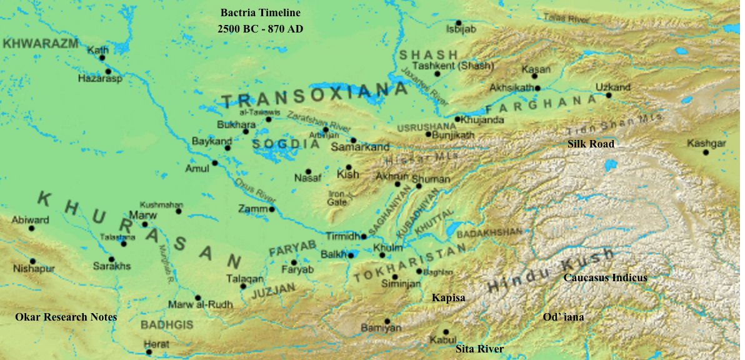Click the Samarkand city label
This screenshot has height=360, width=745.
(359, 147)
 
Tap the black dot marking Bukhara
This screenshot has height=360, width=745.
(246, 131)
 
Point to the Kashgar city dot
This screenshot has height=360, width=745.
(706, 152)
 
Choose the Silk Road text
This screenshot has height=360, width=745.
(591, 144)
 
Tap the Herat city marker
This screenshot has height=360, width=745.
(149, 352)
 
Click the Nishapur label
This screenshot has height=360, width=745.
(34, 269)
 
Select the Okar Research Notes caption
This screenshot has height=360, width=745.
(66, 317)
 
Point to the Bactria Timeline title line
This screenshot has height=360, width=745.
(261, 12)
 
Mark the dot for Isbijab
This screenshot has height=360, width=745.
(458, 22)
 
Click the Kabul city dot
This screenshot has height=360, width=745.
(446, 332)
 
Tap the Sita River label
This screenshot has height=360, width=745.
(479, 349)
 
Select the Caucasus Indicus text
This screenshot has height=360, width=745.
(605, 277)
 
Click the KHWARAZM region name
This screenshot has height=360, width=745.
(40, 43)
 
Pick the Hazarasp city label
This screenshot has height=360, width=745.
(100, 79)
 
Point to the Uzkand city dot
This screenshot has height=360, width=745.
(608, 96)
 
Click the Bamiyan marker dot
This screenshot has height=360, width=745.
(387, 321)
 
